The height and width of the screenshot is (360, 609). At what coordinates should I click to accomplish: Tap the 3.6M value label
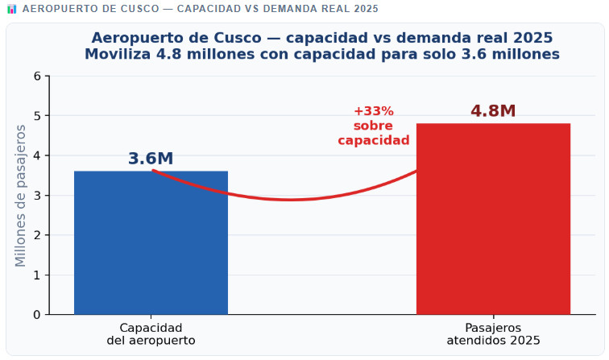[x=151, y=159]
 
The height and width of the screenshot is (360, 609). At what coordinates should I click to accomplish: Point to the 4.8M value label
[x=493, y=111]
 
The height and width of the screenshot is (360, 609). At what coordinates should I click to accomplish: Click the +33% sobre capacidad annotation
[x=373, y=126]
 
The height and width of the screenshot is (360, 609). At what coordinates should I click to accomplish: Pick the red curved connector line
[x=290, y=199]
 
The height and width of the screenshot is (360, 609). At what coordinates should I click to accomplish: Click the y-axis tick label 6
[x=36, y=77]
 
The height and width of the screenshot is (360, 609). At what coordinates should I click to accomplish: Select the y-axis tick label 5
[x=36, y=116]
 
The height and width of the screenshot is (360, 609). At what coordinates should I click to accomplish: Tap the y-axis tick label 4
[x=36, y=155]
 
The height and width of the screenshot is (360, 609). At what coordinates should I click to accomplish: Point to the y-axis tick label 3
[x=36, y=196]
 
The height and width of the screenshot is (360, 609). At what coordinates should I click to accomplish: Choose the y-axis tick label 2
[x=36, y=235]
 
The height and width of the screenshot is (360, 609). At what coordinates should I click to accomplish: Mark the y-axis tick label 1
[x=36, y=275]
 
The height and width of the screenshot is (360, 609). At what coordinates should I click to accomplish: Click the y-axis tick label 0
[x=36, y=315]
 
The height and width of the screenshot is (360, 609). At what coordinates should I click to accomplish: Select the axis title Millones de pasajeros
[x=21, y=196]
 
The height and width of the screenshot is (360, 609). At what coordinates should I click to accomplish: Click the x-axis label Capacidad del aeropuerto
[x=151, y=334]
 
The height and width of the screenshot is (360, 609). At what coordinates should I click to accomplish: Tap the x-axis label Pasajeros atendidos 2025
[x=493, y=334]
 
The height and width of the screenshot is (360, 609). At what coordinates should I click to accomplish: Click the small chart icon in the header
[x=11, y=8]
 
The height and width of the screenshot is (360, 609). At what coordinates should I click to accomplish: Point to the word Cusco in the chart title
[x=246, y=38]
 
